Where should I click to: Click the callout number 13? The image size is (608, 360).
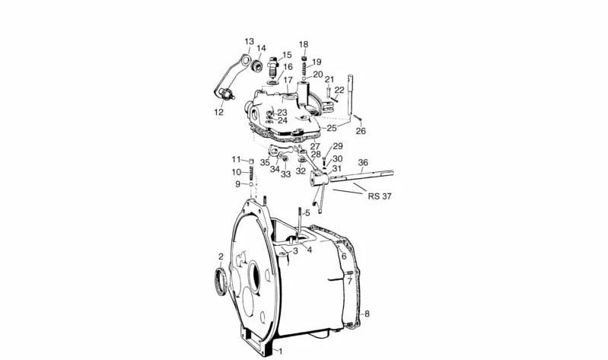(250, 42)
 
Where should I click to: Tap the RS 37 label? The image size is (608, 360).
(380, 196)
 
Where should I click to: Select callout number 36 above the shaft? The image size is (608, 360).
(363, 163)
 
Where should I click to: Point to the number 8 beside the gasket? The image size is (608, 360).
(367, 314)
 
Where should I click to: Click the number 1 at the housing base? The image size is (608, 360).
(281, 352)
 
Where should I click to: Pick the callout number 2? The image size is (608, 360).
(221, 256)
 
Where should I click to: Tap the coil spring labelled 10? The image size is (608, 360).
(251, 173)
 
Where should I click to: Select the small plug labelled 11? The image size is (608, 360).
(251, 161)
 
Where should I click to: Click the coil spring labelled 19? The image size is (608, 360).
(304, 69)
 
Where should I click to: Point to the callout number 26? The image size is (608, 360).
(361, 131)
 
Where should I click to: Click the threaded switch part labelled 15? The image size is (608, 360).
(274, 67)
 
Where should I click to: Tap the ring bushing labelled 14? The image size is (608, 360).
(256, 66)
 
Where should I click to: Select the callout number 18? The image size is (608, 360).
(304, 44)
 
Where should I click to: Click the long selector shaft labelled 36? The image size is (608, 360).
(361, 175)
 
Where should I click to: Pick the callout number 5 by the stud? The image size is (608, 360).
(307, 212)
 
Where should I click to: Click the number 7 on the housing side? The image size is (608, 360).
(349, 282)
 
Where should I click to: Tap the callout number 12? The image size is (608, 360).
(218, 112)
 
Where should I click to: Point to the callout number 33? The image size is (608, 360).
(286, 174)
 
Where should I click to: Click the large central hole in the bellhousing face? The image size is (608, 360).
(253, 276)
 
